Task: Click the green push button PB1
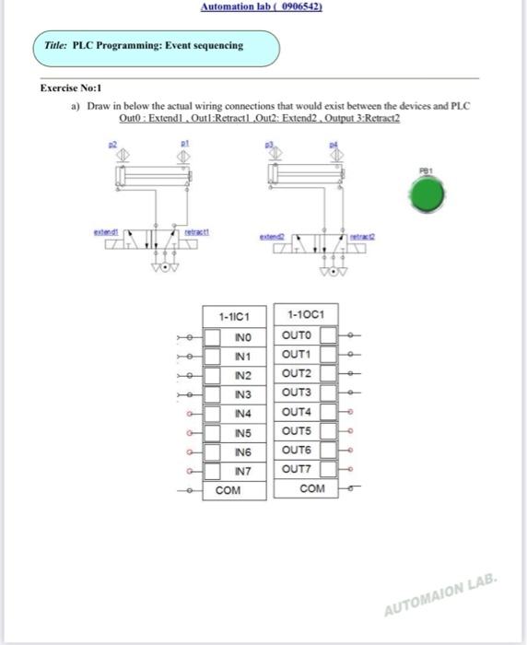pos(427,194)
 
